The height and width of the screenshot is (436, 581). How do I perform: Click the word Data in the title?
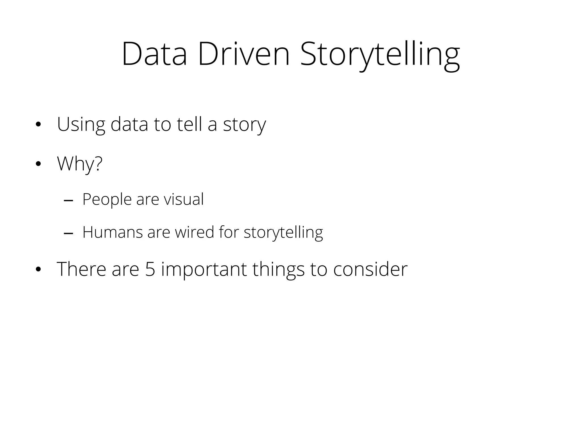154,54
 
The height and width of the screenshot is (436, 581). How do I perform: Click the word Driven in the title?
244,54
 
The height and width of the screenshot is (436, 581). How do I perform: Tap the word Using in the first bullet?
81,125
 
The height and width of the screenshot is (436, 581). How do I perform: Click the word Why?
79,164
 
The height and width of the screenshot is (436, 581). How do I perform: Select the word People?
107,199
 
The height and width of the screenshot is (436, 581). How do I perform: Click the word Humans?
112,232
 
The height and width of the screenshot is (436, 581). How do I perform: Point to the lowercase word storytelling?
283,233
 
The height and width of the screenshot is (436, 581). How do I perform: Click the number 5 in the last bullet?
150,269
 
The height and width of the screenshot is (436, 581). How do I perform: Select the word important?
204,270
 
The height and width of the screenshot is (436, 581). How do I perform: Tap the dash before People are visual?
68,201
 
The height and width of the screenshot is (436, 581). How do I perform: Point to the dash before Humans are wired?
68,234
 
